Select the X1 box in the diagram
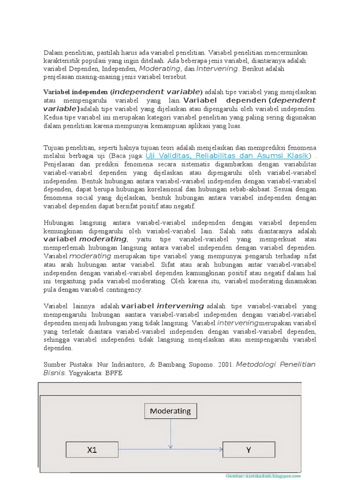click(x=92, y=450)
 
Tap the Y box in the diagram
click(x=248, y=450)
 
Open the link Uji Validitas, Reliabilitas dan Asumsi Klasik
click(x=227, y=156)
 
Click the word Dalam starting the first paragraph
click(x=53, y=52)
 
